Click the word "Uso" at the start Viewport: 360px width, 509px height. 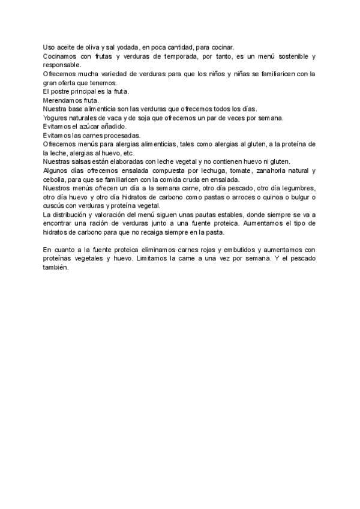[x=49, y=47]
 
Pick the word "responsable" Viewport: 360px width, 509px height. [x=62, y=65]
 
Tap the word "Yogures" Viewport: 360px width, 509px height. [x=56, y=118]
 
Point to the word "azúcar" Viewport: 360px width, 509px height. [x=89, y=127]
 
